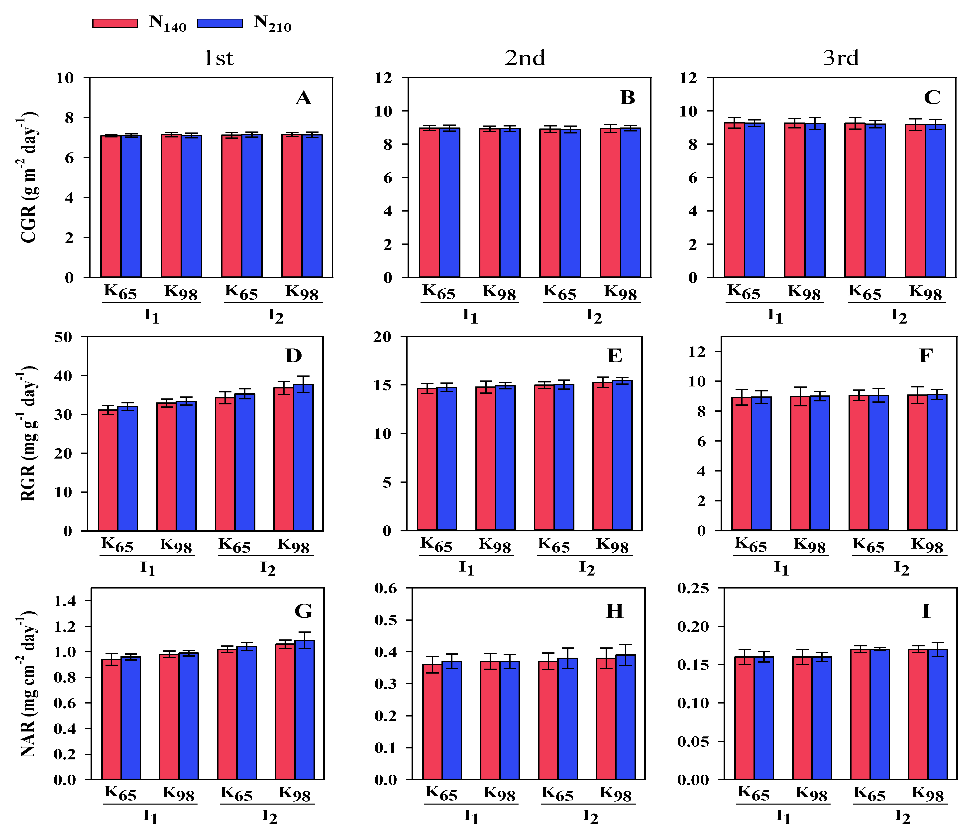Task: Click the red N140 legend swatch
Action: pos(115,23)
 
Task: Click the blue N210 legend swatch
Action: pos(220,23)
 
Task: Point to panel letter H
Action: pos(614,611)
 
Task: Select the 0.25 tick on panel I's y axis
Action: pos(693,588)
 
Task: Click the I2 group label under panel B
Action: pos(594,316)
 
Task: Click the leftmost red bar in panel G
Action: pos(111,719)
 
